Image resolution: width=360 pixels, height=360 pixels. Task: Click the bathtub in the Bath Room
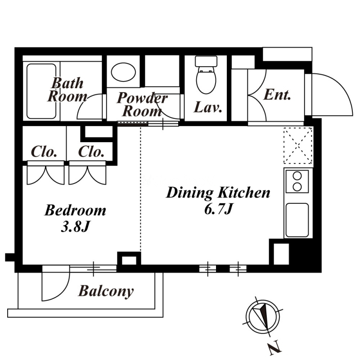pos(41,91)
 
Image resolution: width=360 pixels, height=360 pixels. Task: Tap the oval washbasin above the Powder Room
pos(123,72)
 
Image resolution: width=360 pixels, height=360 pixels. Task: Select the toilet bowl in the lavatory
pos(206,80)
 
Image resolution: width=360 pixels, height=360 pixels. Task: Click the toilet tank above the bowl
pos(206,61)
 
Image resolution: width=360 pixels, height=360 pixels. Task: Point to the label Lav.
pos(208,108)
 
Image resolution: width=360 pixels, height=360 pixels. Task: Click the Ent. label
pos(277,94)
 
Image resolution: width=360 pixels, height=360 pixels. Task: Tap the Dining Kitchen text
pos(218,193)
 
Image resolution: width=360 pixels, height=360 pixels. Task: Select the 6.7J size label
pos(218,209)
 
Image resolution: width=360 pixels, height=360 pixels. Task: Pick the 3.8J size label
pos(75,227)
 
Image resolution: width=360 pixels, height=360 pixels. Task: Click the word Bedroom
pos(75,210)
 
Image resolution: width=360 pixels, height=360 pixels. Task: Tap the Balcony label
pos(106,291)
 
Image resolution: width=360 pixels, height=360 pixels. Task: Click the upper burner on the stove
pos(297,176)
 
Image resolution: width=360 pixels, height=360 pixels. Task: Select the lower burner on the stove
pos(297,187)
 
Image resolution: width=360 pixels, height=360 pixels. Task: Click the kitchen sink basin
pos(297,220)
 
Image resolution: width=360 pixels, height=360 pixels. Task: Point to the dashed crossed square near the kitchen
pos(298,145)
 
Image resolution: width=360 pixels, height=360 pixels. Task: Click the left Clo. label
pos(44,152)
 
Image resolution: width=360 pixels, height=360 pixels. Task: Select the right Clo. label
pos(91,152)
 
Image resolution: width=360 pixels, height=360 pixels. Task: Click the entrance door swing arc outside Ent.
pos(332,94)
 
